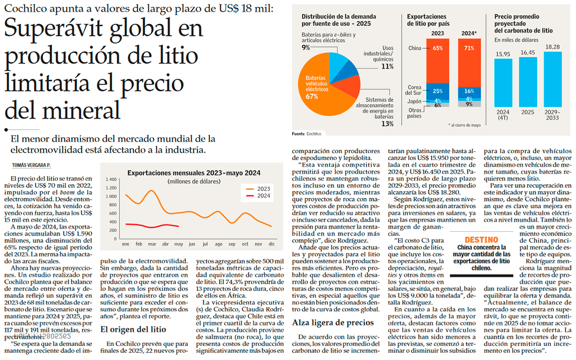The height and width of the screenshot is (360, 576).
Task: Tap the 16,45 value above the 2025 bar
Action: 527,52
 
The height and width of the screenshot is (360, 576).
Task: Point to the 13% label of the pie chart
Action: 387,123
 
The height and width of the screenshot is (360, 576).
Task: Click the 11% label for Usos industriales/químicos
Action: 387,66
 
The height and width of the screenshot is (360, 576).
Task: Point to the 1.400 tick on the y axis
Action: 110,179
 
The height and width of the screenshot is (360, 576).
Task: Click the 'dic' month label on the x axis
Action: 271,244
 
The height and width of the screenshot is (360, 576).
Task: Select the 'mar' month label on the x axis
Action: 152,244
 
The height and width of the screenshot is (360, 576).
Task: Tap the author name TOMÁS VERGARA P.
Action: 31,165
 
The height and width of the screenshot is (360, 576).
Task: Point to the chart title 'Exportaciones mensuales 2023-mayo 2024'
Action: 194,173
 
